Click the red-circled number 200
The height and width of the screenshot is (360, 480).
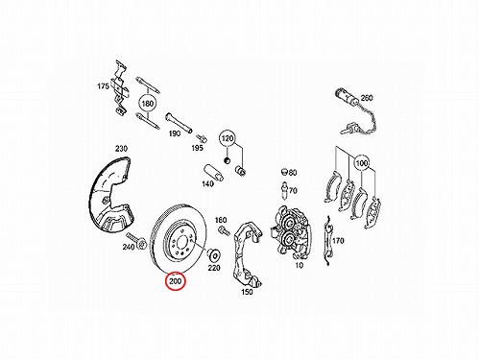tap(175, 281)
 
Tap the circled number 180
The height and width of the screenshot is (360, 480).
tap(147, 104)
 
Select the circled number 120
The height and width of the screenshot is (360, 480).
tap(228, 138)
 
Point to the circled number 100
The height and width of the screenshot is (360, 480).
tap(362, 163)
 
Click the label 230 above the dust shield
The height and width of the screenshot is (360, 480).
tap(121, 149)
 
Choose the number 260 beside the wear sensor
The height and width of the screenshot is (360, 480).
tap(367, 98)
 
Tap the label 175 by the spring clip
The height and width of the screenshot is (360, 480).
tap(103, 86)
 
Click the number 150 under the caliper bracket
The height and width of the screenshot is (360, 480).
tap(247, 292)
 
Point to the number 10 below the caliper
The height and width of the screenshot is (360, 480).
tap(299, 265)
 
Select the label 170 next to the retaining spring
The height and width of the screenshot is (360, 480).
tap(338, 240)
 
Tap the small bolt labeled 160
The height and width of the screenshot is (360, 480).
tap(224, 229)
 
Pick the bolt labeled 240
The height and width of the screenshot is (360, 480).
tap(136, 241)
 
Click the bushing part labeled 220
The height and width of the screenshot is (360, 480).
tap(214, 255)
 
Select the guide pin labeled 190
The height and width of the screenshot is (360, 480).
tap(179, 123)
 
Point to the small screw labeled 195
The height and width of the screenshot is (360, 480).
tap(202, 138)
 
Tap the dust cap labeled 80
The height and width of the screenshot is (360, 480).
tap(284, 171)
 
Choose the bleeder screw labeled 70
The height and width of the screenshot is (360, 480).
tap(284, 190)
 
